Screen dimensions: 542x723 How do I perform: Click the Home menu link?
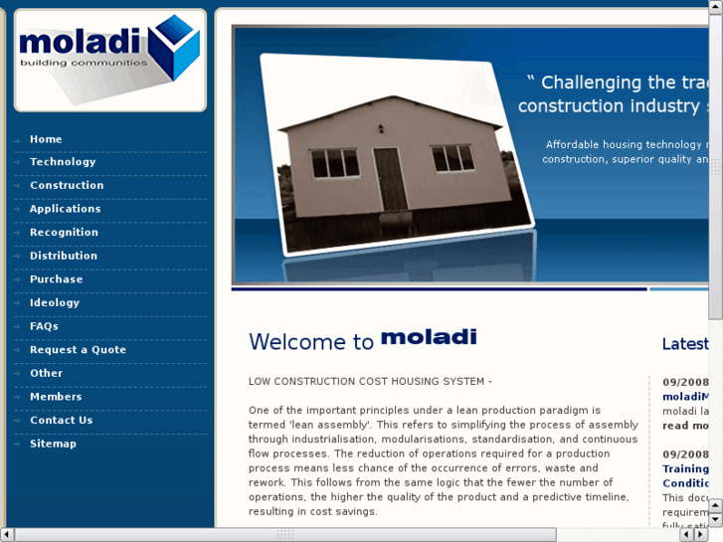point(46,139)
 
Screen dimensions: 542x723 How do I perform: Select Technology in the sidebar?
point(63,162)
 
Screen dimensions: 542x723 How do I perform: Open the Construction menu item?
point(67,185)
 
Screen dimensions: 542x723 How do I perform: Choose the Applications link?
point(65,209)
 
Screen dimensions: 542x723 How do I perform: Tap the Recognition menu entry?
point(64,233)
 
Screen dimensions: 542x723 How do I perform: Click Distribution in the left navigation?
point(64,256)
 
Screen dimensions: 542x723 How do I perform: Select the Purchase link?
point(56,279)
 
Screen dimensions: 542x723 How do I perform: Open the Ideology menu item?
point(55,302)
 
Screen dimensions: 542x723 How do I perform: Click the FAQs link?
point(44,326)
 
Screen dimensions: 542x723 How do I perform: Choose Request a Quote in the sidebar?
point(78,350)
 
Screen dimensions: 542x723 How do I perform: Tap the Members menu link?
point(56,397)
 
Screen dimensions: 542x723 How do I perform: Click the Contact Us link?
point(61,421)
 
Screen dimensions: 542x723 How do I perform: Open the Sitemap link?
point(53,444)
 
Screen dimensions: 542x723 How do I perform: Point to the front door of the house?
point(390,179)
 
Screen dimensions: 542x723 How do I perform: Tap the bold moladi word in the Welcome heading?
point(429,337)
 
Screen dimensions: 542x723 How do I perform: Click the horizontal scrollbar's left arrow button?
point(7,534)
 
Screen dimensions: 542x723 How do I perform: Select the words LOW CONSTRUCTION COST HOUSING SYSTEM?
point(370,382)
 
